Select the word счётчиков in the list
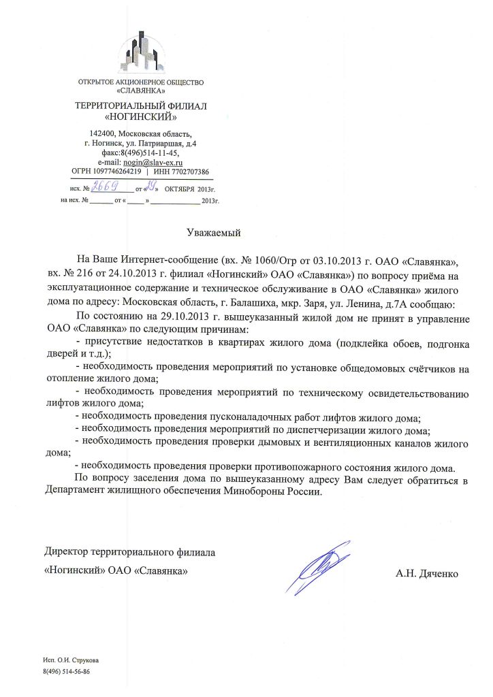click(428, 369)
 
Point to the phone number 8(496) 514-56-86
click(67, 670)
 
